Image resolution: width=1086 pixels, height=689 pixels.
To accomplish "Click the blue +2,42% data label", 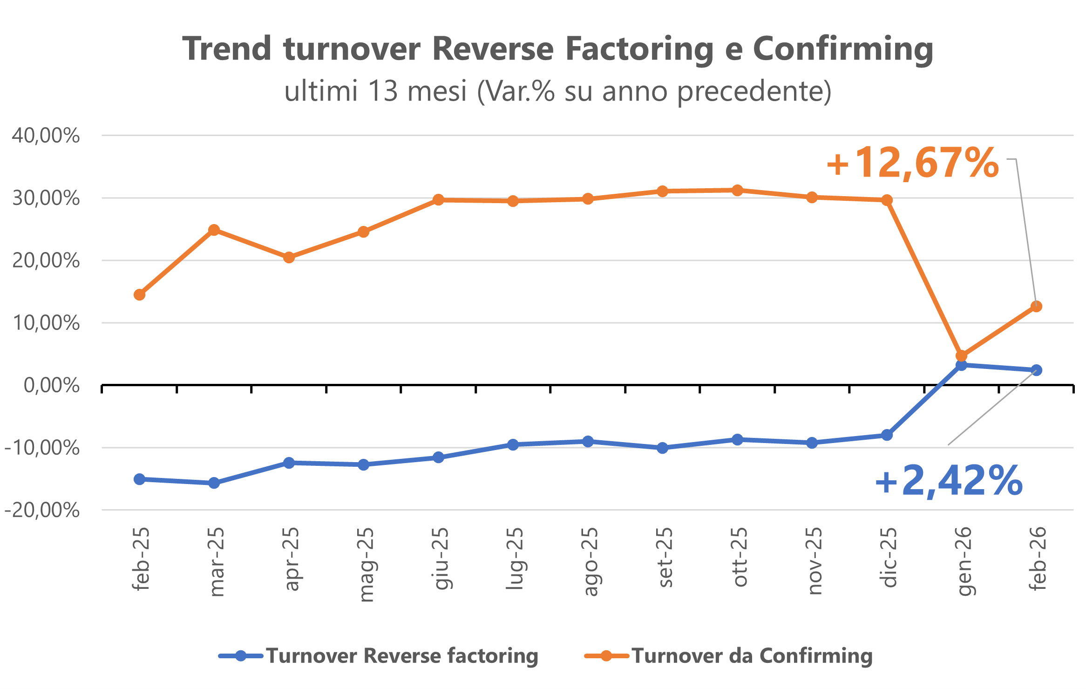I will [x=949, y=481].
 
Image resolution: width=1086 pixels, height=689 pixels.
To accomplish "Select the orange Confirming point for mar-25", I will [x=214, y=230].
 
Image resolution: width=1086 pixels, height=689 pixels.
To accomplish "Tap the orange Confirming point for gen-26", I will [x=961, y=356].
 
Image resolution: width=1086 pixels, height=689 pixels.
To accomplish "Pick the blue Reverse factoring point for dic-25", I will [x=887, y=435].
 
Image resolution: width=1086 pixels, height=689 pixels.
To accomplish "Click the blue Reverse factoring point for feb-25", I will [x=139, y=479].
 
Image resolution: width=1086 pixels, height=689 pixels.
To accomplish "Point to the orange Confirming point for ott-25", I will [x=737, y=190].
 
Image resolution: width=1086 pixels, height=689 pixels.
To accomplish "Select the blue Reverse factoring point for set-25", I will [x=662, y=448].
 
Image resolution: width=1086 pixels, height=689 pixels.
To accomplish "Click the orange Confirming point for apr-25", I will [x=289, y=257].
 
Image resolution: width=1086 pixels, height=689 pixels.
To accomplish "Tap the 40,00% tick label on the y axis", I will [x=46, y=136].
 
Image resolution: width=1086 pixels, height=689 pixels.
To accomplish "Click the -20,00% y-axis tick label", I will [x=42, y=510].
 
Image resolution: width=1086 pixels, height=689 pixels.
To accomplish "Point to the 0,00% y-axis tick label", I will [x=51, y=385].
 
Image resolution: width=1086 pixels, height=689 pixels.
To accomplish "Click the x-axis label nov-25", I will [x=814, y=560].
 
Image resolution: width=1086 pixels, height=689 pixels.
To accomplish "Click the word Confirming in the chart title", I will [x=843, y=49].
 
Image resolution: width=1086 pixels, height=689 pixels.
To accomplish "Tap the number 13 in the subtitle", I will [x=383, y=91].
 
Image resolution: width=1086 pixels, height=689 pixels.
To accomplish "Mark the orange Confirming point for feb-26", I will [x=1036, y=306].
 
